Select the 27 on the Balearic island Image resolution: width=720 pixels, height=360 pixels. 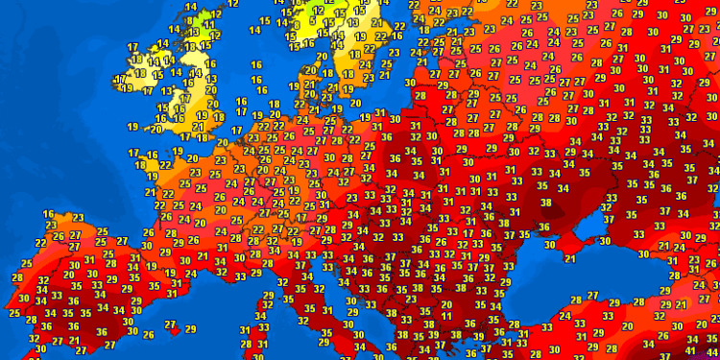coord(170,324)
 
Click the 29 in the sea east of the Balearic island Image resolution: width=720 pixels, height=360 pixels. coord(190,329)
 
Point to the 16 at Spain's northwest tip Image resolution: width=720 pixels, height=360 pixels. coord(48,214)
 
